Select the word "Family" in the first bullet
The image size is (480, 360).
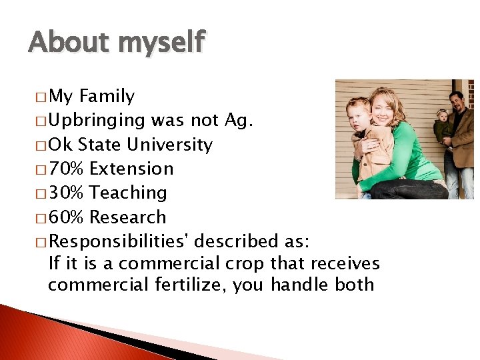(107, 97)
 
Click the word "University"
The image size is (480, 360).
(171, 145)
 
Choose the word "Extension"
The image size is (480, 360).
(131, 169)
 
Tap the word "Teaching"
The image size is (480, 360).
(128, 193)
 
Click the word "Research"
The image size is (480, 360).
(127, 217)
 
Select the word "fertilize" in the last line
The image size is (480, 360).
(190, 285)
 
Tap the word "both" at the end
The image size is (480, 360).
(354, 285)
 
